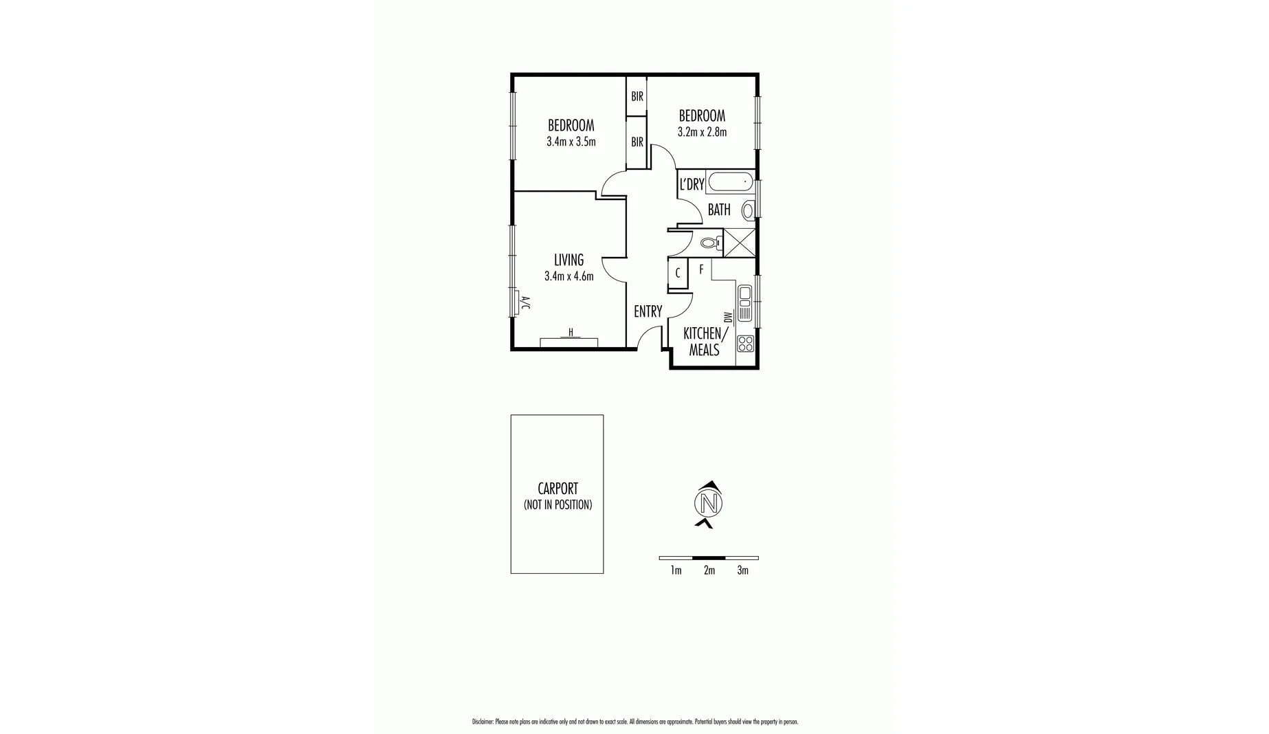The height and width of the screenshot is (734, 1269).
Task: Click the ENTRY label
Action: [648, 312]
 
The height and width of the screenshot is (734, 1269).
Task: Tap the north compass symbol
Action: [709, 503]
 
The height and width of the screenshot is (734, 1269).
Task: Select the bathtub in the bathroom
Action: [730, 183]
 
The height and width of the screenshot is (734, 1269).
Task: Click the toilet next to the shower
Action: [709, 243]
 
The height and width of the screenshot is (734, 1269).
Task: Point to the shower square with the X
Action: [740, 243]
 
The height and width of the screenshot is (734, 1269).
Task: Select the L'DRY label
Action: [692, 184]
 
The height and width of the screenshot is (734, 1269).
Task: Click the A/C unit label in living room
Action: [525, 302]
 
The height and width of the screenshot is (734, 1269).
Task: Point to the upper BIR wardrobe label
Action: [637, 97]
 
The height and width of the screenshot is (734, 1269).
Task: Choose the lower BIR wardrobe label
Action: [637, 142]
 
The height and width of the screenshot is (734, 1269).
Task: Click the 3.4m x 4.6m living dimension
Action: [569, 276]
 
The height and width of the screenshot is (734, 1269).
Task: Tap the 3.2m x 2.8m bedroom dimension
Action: [702, 132]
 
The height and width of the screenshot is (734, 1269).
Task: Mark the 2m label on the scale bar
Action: [709, 570]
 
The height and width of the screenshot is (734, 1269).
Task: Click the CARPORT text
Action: [558, 489]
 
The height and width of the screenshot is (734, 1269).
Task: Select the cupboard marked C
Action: [678, 274]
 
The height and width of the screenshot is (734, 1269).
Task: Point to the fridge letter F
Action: [701, 269]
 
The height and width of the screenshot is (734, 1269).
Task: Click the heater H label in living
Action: [571, 333]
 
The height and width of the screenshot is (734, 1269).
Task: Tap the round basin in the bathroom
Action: [747, 210]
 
